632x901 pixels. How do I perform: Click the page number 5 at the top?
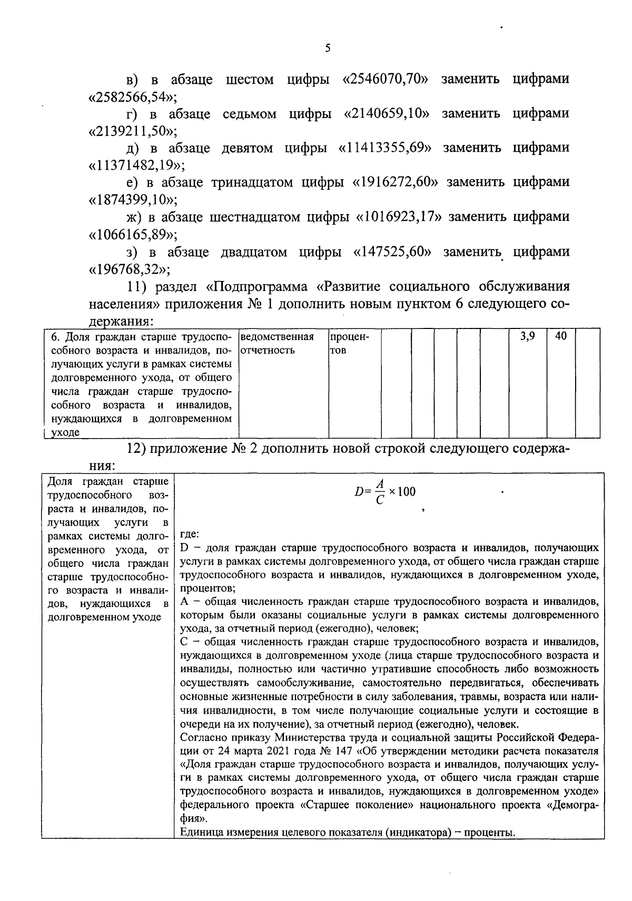pyautogui.click(x=328, y=49)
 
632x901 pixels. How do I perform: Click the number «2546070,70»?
pyautogui.click(x=385, y=80)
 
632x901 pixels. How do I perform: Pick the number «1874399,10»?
pyautogui.click(x=132, y=200)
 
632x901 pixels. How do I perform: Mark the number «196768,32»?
pyautogui.click(x=129, y=269)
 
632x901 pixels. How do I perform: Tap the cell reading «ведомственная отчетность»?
pyautogui.click(x=276, y=343)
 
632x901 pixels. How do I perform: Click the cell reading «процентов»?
pyautogui.click(x=348, y=343)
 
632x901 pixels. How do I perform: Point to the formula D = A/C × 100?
pyautogui.click(x=385, y=492)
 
